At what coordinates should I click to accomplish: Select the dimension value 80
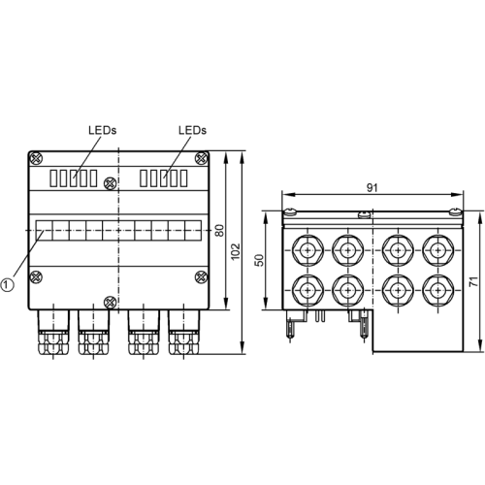(220, 230)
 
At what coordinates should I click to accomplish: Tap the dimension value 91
(373, 187)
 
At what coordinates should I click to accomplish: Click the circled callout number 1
(8, 284)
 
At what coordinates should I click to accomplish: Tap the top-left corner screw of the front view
(37, 157)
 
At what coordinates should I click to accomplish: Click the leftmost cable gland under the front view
(49, 333)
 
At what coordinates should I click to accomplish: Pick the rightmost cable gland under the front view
(180, 333)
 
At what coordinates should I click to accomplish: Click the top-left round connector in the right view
(307, 248)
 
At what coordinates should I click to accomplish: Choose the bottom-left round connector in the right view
(307, 289)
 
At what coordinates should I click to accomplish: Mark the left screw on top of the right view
(288, 210)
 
